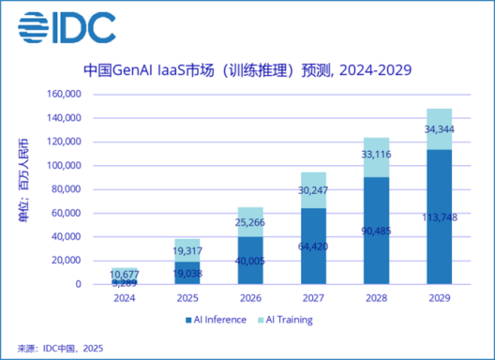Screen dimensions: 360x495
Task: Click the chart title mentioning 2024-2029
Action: [247, 69]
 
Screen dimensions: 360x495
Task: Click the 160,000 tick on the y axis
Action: [63, 94]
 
